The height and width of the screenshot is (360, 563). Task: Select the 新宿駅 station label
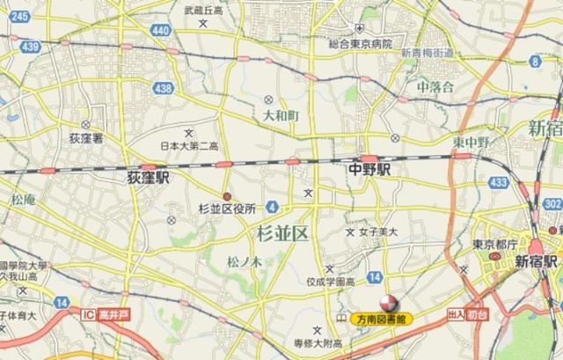(x=536, y=261)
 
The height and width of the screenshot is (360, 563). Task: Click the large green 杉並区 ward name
(x=282, y=233)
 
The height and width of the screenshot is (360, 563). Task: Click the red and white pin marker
(x=376, y=304)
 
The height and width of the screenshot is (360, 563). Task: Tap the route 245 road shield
(x=19, y=16)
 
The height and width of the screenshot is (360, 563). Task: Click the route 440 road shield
(x=160, y=30)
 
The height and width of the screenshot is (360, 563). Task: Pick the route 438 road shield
(x=162, y=88)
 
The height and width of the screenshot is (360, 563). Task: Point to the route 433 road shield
(x=499, y=182)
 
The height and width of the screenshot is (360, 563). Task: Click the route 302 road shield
(x=552, y=204)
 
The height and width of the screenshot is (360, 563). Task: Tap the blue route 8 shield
(x=535, y=60)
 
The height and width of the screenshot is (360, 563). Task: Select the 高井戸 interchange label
(x=105, y=314)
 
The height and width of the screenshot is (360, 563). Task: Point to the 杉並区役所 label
(x=227, y=209)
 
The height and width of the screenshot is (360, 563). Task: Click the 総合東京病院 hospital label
(x=360, y=43)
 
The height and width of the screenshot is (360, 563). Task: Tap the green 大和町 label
(x=281, y=115)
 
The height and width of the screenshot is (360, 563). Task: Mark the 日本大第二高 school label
(x=189, y=145)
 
